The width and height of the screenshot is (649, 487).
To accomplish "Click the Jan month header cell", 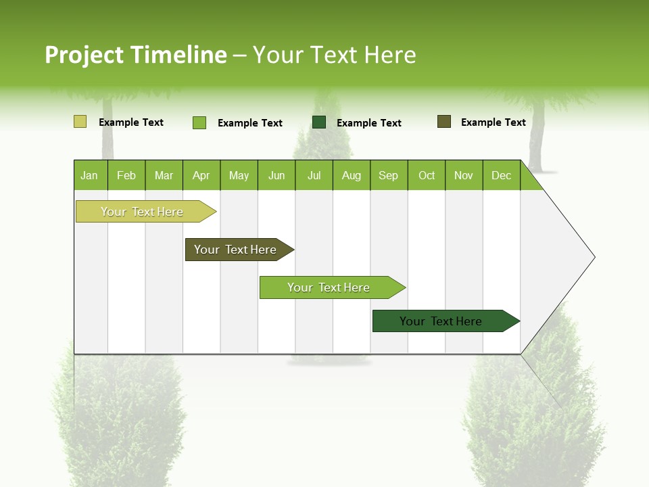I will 90,175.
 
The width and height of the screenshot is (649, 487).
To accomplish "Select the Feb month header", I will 126,175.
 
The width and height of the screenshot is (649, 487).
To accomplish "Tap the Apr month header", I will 201,175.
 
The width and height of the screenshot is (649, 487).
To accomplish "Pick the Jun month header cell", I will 277,175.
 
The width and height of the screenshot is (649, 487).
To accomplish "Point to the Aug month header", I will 351,175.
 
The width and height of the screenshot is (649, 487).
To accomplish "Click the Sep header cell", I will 389,175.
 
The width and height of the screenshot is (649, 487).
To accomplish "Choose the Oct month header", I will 427,175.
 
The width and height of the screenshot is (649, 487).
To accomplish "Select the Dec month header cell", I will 502,175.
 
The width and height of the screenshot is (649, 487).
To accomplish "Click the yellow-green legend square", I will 80,122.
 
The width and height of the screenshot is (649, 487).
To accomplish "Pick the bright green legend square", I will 199,122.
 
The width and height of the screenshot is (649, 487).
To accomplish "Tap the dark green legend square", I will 319,122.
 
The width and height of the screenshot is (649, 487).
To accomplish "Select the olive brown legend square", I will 444,122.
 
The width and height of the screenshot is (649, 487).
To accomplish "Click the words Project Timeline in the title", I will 135,55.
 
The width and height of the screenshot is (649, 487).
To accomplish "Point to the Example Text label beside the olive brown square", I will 493,122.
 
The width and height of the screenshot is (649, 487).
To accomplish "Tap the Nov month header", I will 464,175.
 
